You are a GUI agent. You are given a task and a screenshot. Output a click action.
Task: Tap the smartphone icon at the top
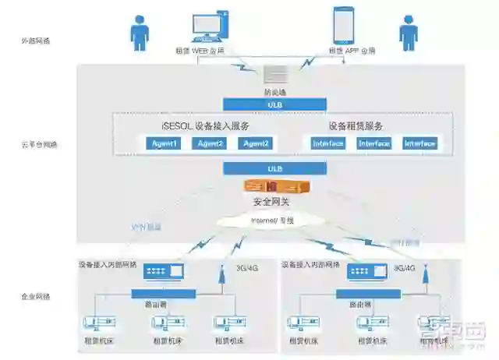coord(344,26)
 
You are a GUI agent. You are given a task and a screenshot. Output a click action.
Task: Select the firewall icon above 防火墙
coord(275,75)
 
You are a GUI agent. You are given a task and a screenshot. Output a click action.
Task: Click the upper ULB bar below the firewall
coord(274,104)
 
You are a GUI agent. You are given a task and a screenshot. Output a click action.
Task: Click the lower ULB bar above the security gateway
coord(274,168)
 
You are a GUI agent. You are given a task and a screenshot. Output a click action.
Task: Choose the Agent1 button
coord(164,143)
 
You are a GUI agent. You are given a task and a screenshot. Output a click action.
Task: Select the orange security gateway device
coord(273,187)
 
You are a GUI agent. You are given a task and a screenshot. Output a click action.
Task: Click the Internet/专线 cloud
coord(273,221)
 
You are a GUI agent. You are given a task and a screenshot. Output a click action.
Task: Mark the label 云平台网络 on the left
coord(39,144)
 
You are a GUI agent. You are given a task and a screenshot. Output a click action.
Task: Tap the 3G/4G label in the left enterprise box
coord(247,269)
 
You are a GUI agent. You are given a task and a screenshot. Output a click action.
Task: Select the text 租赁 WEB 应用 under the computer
coord(200,51)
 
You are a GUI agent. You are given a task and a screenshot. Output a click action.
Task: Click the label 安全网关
coord(273,202)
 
